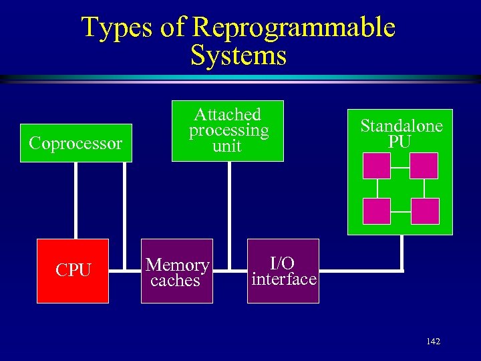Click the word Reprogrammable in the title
pyautogui.click(x=293, y=27)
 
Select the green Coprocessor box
pyautogui.click(x=76, y=143)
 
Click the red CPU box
pyautogui.click(x=73, y=271)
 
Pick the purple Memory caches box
pyautogui.click(x=177, y=271)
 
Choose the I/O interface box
pyautogui.click(x=283, y=271)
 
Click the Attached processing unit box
pyautogui.click(x=227, y=131)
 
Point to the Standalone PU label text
pyautogui.click(x=401, y=134)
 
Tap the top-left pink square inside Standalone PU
pyautogui.click(x=376, y=166)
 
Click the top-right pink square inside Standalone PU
pyautogui.click(x=424, y=166)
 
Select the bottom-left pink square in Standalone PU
pyautogui.click(x=376, y=211)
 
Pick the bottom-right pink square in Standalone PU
pyautogui.click(x=425, y=211)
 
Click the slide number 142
pyautogui.click(x=433, y=342)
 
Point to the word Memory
pyautogui.click(x=178, y=265)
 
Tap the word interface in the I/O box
pyautogui.click(x=283, y=279)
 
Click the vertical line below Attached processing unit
pyautogui.click(x=229, y=201)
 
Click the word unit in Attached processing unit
pyautogui.click(x=227, y=146)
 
